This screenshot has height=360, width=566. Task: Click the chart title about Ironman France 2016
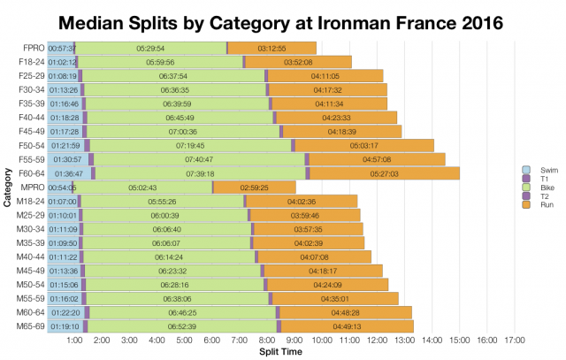tap(283, 19)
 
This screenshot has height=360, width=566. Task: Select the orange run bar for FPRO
tap(272, 48)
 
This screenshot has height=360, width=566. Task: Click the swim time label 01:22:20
tap(65, 312)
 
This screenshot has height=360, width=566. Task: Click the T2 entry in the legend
tap(532, 195)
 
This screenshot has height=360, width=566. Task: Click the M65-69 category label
tap(31, 326)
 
